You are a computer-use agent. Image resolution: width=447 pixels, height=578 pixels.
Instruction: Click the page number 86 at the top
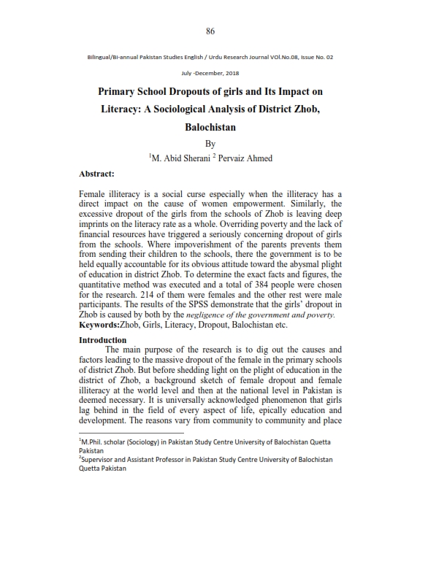210,31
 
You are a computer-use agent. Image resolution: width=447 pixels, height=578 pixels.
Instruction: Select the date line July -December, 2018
210,73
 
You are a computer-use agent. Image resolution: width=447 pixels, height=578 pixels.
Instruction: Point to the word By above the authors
210,144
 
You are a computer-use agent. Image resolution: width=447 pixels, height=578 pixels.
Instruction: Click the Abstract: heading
99,175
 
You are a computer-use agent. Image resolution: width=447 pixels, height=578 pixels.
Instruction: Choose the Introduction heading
102,340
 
